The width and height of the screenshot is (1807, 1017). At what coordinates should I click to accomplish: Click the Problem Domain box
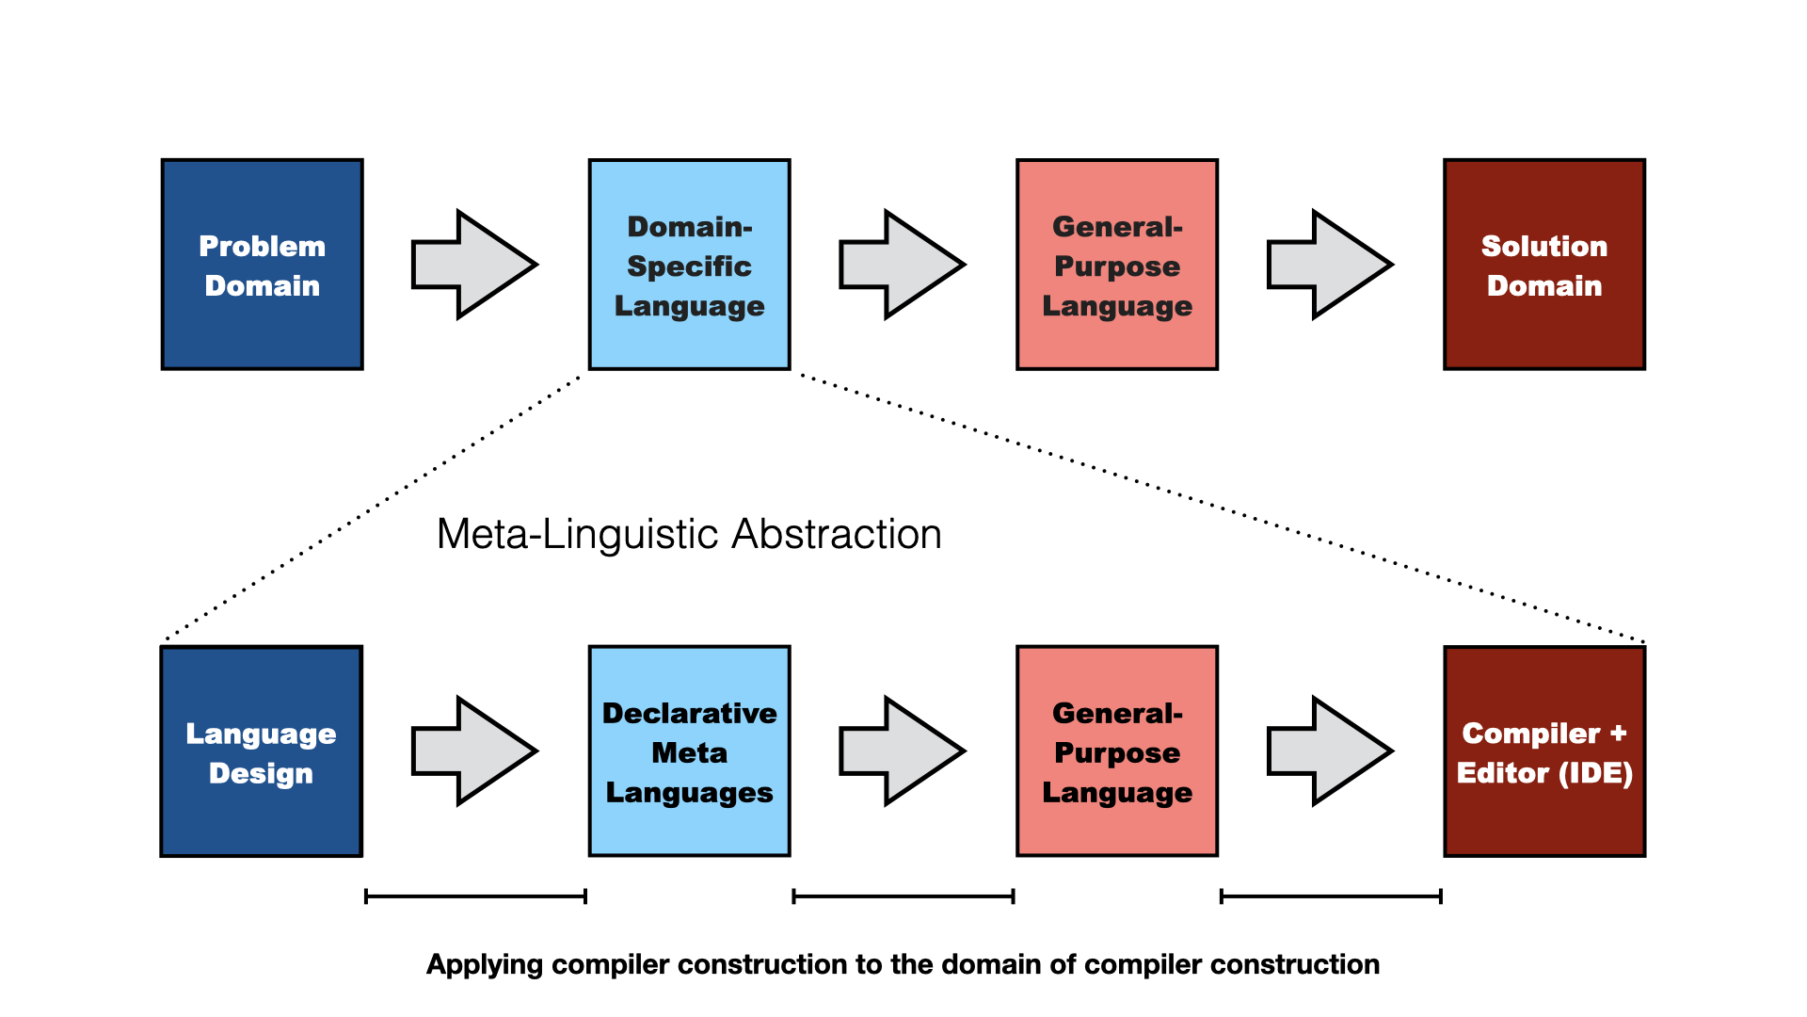point(263,265)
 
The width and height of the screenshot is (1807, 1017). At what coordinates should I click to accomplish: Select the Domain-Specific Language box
point(690,265)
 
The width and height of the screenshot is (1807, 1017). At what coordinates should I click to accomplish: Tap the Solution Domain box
point(1544,265)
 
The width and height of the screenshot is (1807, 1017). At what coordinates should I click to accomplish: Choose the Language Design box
point(262,751)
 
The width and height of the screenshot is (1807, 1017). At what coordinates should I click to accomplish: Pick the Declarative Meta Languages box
point(690,751)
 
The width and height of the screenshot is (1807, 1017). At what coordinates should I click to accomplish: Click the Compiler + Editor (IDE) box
point(1544,751)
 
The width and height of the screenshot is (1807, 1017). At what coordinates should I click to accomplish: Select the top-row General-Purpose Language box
point(1117,265)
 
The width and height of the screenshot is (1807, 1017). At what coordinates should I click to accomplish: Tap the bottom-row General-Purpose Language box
point(1117,751)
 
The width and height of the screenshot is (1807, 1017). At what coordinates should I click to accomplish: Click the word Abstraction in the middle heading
point(837,534)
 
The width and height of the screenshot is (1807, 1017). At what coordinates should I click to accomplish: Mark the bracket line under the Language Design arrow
point(475,896)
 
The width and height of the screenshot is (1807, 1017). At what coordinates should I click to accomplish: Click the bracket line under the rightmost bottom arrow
point(1331,896)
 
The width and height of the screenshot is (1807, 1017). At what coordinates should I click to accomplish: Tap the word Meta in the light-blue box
point(690,752)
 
